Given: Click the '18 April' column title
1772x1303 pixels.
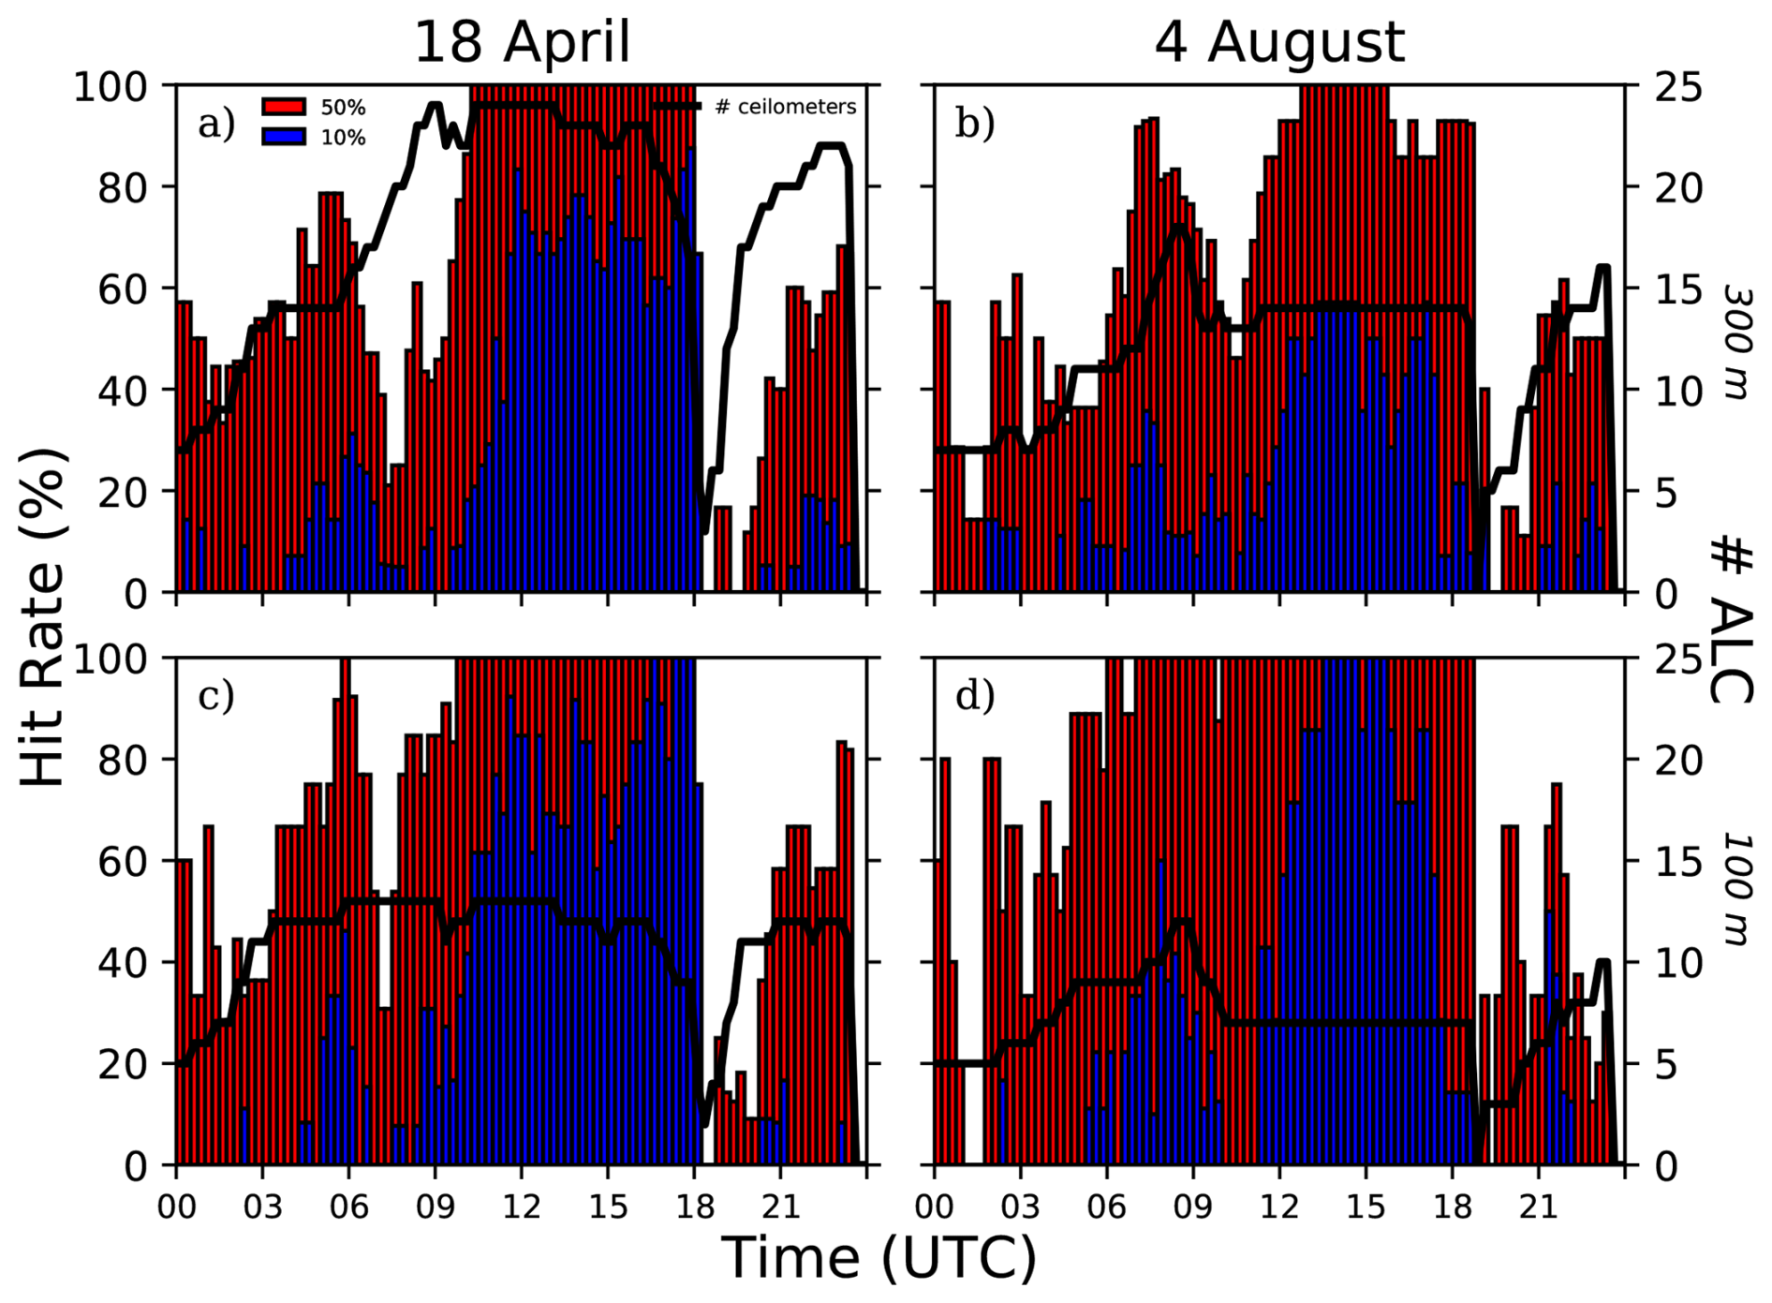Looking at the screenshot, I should click(522, 42).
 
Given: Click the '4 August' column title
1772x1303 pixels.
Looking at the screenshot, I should click(1278, 42).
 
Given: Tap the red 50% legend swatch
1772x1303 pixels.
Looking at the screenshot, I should click(284, 107).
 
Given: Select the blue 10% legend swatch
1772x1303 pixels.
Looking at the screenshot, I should click(284, 137).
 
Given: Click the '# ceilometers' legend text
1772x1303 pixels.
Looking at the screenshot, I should click(785, 107).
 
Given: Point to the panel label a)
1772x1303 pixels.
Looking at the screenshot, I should click(216, 124).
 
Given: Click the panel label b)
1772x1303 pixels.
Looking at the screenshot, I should click(974, 124).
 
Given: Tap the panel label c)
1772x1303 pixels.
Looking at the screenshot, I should click(216, 696).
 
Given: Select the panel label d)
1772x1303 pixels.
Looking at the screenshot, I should click(974, 696).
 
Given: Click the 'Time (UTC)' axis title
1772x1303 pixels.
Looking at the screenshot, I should click(879, 1258).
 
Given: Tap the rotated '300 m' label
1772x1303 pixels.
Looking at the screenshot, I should click(1738, 342).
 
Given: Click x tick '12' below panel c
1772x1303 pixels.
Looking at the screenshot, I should click(522, 1206).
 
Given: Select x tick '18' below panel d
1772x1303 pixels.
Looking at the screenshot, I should click(1452, 1206).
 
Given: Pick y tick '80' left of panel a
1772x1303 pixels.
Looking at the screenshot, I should click(123, 187).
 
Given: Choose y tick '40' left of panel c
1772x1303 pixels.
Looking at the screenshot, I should click(123, 963).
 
